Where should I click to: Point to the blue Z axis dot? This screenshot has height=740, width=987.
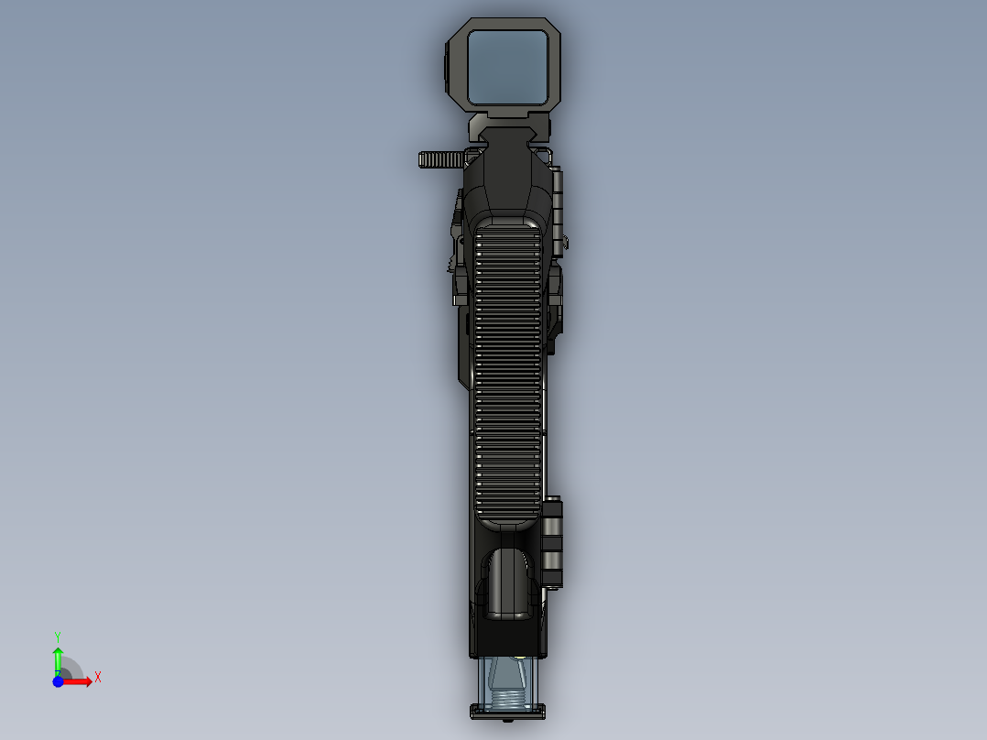click(x=58, y=681)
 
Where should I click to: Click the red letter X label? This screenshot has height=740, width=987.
click(x=98, y=678)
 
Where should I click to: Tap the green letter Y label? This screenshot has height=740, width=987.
click(x=58, y=636)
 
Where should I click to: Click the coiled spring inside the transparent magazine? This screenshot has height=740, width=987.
click(x=508, y=700)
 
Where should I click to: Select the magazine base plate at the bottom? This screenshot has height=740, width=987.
click(x=508, y=711)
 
